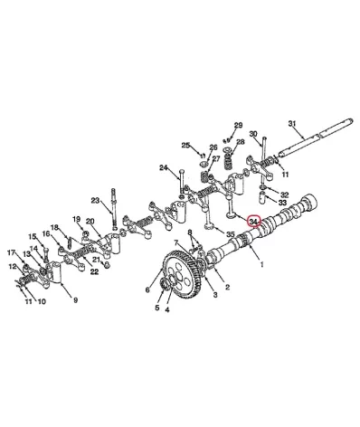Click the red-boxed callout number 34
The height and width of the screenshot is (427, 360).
tap(253, 222)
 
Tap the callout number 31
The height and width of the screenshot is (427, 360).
tap(292, 123)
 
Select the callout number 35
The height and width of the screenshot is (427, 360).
tap(231, 234)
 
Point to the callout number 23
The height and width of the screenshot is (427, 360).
tap(95, 201)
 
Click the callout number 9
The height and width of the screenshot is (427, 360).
tap(76, 300)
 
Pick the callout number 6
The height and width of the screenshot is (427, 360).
tap(147, 289)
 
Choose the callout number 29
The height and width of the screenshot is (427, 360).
tap(238, 125)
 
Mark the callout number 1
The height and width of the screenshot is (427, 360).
tap(261, 264)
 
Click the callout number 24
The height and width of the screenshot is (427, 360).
tap(163, 167)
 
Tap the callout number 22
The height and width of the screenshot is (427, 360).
tap(94, 271)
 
